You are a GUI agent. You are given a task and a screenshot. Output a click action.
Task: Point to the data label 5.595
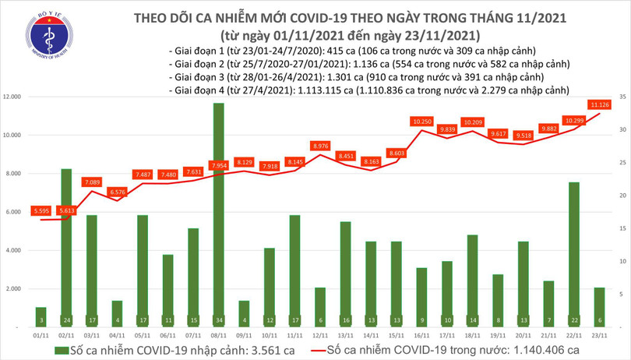pos(41,211)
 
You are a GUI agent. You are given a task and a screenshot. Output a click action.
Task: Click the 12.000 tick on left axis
pos(16,97)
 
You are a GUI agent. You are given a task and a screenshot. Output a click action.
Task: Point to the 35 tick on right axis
pos(615,97)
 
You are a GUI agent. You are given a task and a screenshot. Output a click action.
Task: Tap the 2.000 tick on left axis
pos(18,288)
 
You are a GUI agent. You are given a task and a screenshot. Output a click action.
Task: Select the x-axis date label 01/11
pos(41,336)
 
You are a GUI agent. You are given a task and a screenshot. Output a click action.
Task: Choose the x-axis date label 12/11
pos(319,336)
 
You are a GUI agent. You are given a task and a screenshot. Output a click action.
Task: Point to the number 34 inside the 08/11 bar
pos(218,319)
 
